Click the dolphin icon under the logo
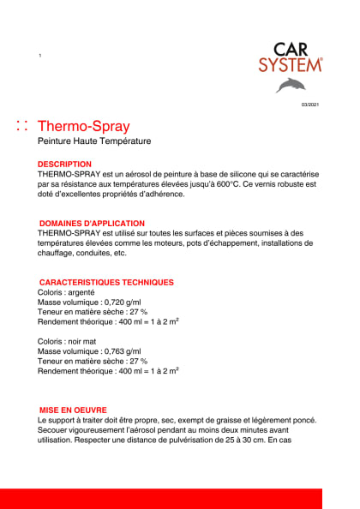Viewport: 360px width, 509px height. pyautogui.click(x=291, y=84)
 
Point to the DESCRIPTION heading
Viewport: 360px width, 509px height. pyautogui.click(x=64, y=164)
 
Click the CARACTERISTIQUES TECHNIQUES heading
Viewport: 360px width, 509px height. pyautogui.click(x=106, y=282)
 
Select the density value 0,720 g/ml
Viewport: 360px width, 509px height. pyautogui.click(x=128, y=302)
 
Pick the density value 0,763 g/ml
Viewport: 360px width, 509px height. pyautogui.click(x=128, y=351)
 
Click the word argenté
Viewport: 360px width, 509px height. pyautogui.click(x=88, y=292)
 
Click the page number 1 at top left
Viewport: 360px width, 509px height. pyautogui.click(x=40, y=56)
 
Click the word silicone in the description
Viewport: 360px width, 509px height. pyautogui.click(x=217, y=173)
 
